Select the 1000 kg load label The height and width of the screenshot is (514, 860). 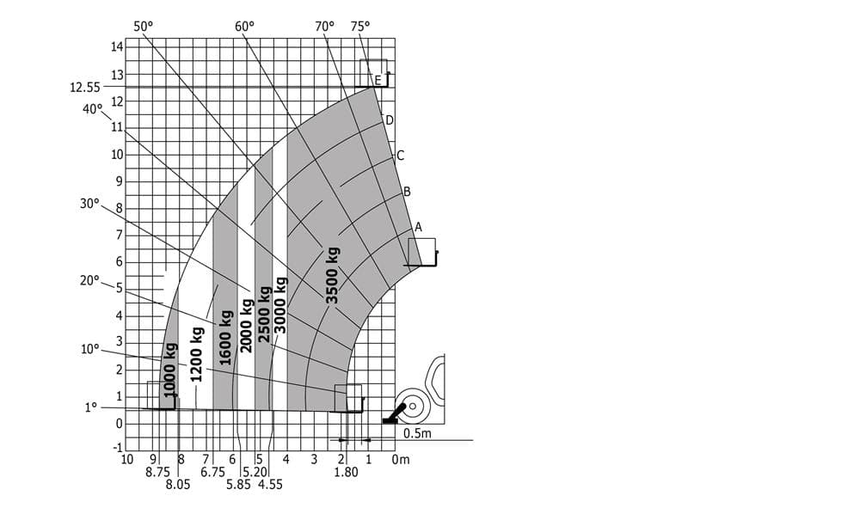pos(170,368)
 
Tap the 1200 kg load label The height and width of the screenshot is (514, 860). pos(197,354)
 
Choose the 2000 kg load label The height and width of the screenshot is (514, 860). pos(248,326)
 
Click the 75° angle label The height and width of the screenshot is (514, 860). pos(360,26)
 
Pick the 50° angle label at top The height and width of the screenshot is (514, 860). pos(144,26)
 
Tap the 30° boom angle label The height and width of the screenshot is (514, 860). pos(89,204)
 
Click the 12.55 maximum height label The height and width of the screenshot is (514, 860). pos(85,87)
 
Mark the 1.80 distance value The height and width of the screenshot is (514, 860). pos(346,472)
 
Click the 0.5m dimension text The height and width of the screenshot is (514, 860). pos(417,432)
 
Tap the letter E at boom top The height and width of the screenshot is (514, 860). pos(378,81)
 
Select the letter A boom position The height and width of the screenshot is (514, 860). pos(418,227)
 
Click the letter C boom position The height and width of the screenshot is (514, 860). pos(400,156)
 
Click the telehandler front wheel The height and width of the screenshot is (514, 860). pos(412,406)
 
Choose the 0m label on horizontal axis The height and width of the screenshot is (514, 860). pos(400,459)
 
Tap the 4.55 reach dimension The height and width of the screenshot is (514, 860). pos(269,484)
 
